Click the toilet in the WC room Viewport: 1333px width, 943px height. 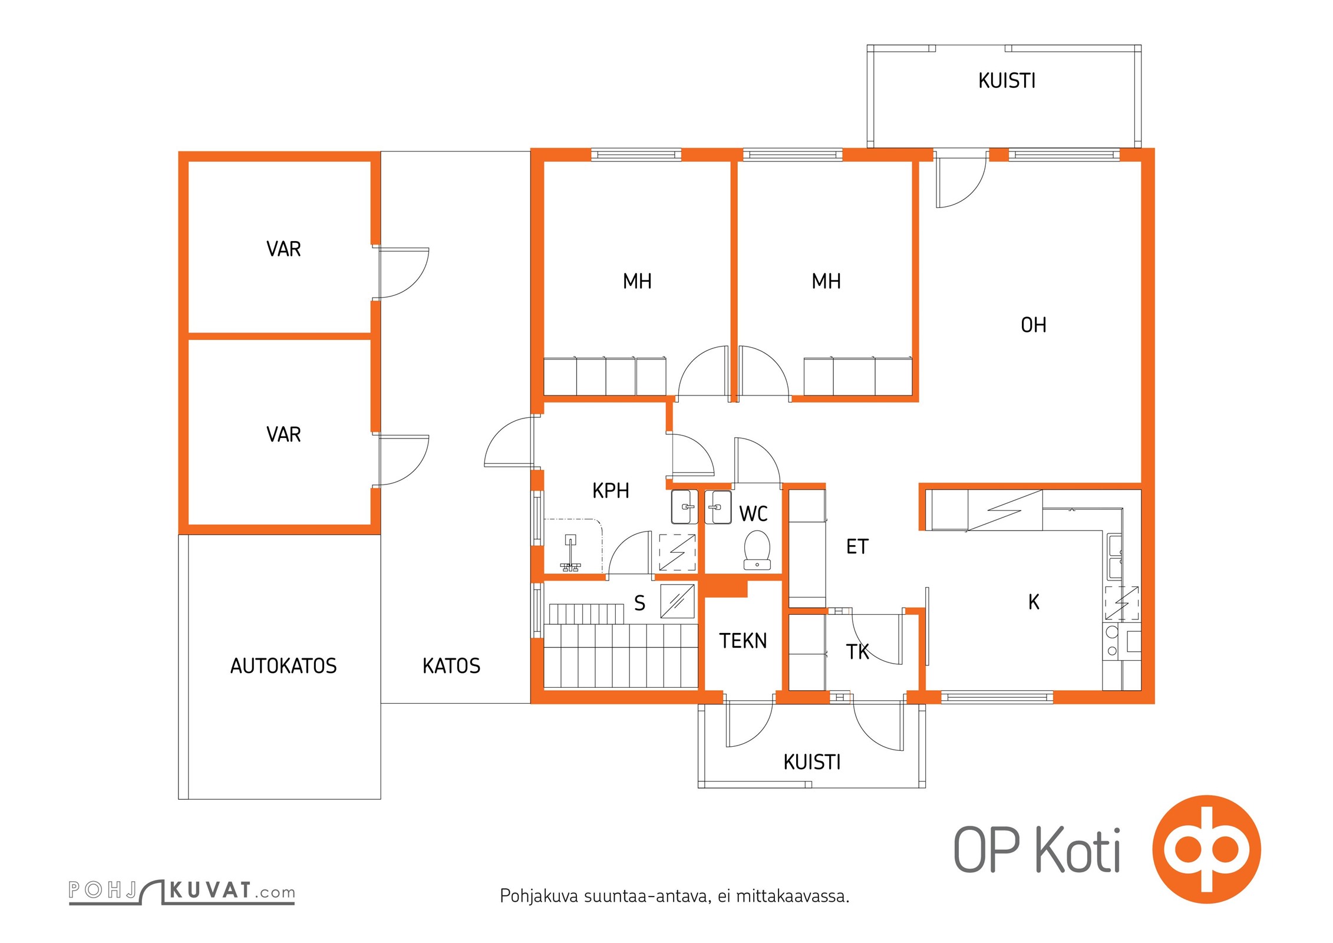pyautogui.click(x=757, y=550)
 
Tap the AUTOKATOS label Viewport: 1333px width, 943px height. pyautogui.click(x=283, y=666)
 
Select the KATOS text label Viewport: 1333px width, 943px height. pyautogui.click(x=451, y=666)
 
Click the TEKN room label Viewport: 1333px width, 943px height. pyautogui.click(x=743, y=641)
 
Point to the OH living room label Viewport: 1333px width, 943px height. pyautogui.click(x=1034, y=325)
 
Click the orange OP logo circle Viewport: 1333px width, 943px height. pyautogui.click(x=1206, y=849)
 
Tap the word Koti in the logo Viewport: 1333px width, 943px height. pyautogui.click(x=1078, y=849)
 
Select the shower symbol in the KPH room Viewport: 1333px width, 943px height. pyautogui.click(x=570, y=553)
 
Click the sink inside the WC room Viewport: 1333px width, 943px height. pyautogui.click(x=718, y=507)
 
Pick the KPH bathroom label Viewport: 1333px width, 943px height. pyautogui.click(x=611, y=490)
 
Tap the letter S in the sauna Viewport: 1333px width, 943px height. pyautogui.click(x=639, y=603)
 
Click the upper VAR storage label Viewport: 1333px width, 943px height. pyautogui.click(x=283, y=249)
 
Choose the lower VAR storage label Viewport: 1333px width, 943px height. pyautogui.click(x=283, y=434)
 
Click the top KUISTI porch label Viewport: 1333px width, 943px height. pyautogui.click(x=1007, y=80)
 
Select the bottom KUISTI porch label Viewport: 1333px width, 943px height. pyautogui.click(x=812, y=762)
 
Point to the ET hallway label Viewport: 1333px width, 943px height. pyautogui.click(x=857, y=546)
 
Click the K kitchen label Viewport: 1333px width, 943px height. pyautogui.click(x=1034, y=602)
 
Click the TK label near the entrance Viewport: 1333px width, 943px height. pyautogui.click(x=857, y=651)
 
